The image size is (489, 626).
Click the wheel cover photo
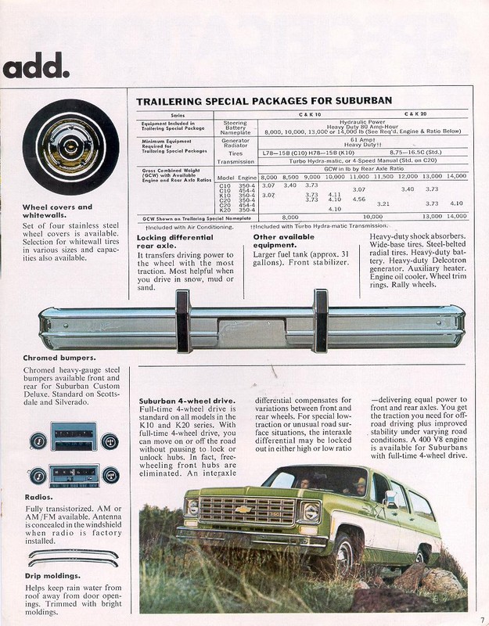(70, 147)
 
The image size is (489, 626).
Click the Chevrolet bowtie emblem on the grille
(244, 509)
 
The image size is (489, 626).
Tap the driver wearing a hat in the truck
(357, 485)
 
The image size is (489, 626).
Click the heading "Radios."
(40, 496)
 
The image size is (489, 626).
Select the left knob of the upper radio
(38, 441)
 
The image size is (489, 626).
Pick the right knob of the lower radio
(110, 475)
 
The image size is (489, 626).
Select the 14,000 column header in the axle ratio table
(456, 177)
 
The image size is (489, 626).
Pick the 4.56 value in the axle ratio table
(359, 200)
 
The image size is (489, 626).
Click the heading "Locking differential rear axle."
(174, 241)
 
